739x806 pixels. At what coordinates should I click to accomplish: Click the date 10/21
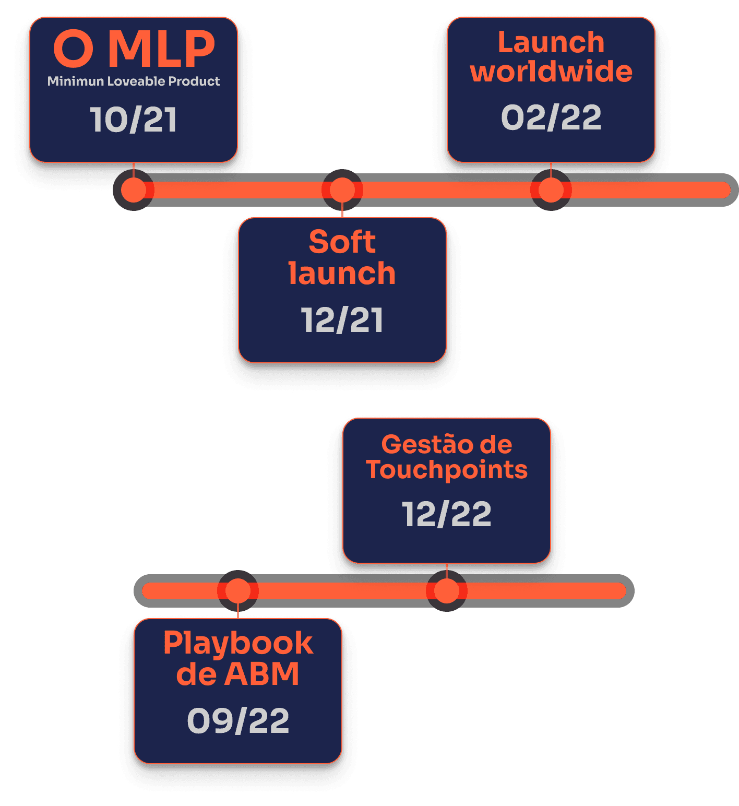pyautogui.click(x=134, y=120)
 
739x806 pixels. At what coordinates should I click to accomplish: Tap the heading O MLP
pyautogui.click(x=134, y=49)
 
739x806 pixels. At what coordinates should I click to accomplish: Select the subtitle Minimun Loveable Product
pyautogui.click(x=134, y=81)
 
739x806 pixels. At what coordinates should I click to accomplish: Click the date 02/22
pyautogui.click(x=551, y=117)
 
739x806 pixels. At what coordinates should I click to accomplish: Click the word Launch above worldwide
pyautogui.click(x=551, y=42)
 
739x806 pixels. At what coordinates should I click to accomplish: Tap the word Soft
pyautogui.click(x=342, y=242)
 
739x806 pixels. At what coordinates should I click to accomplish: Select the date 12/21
pyautogui.click(x=342, y=319)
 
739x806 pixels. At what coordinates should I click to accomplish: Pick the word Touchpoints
pyautogui.click(x=447, y=469)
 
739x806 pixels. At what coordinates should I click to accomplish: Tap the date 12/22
pyautogui.click(x=447, y=514)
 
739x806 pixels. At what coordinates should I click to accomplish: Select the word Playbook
pyautogui.click(x=238, y=643)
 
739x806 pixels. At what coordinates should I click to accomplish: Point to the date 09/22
pyautogui.click(x=238, y=721)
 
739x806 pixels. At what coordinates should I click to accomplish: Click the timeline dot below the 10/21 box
pyautogui.click(x=134, y=190)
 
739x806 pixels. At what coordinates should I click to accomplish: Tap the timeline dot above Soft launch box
pyautogui.click(x=342, y=190)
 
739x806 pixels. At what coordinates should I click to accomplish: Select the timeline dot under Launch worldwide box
pyautogui.click(x=551, y=190)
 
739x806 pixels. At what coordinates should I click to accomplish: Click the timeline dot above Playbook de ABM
pyautogui.click(x=238, y=591)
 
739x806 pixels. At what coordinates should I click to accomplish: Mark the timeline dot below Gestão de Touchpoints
pyautogui.click(x=447, y=591)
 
